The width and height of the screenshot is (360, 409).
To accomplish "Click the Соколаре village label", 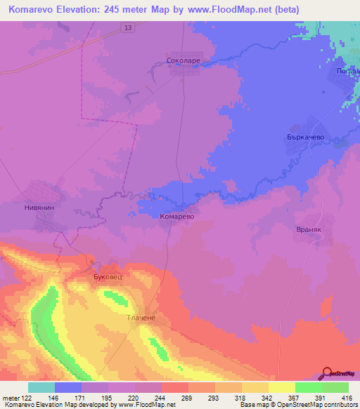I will click(x=183, y=61).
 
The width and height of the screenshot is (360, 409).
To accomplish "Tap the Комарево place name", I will click(x=175, y=217).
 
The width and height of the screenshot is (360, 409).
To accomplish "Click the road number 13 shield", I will click(x=127, y=27).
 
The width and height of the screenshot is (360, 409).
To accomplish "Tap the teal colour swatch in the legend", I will click(x=41, y=387).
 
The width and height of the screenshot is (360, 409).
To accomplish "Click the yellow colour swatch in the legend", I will click(x=281, y=387).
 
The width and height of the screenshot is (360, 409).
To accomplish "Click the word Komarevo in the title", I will click(x=32, y=10).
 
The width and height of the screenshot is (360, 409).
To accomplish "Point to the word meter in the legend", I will click(x=11, y=398).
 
